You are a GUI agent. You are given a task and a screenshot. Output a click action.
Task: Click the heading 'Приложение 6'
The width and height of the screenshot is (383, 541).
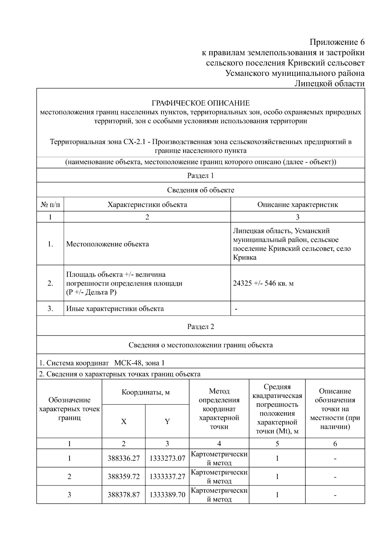point(337,42)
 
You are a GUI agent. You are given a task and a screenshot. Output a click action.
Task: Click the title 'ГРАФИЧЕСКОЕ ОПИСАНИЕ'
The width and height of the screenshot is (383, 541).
point(200,103)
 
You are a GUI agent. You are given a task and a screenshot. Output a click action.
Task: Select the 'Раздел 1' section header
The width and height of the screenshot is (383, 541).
point(200,175)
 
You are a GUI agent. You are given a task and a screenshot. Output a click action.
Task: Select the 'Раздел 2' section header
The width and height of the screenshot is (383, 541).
point(200,326)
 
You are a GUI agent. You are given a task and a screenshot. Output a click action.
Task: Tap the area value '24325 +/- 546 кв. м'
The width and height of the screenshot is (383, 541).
point(263,283)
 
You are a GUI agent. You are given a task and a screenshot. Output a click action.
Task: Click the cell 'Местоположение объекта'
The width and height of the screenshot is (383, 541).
point(108,244)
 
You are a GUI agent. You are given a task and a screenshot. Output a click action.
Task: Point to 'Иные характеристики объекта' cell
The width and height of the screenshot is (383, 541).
point(115,309)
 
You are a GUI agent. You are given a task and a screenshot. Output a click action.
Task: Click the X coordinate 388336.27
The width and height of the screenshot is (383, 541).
point(124,458)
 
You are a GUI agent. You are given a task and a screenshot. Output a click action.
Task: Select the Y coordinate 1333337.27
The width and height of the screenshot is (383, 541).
point(167,477)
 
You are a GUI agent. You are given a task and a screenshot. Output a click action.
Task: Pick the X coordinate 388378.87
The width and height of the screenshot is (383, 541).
point(124,495)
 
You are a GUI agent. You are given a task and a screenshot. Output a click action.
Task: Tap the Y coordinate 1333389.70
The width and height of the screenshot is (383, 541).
point(167,495)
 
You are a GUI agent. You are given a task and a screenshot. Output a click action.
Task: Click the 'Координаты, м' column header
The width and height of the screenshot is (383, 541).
point(146,392)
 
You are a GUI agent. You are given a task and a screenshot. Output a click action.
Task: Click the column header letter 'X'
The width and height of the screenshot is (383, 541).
point(124,421)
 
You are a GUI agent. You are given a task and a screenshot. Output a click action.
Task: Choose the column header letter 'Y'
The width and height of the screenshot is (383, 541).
point(167,421)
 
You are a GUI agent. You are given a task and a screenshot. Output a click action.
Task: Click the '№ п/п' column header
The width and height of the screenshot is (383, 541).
point(50,204)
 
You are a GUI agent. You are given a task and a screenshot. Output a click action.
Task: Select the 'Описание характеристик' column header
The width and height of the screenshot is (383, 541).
point(297,204)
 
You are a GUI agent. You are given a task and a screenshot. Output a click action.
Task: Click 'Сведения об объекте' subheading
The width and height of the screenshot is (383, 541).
point(200,190)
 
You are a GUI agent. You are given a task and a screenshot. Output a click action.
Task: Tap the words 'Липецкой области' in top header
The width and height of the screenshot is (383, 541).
point(329,84)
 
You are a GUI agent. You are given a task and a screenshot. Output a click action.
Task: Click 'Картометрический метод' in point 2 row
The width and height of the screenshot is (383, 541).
point(219,477)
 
